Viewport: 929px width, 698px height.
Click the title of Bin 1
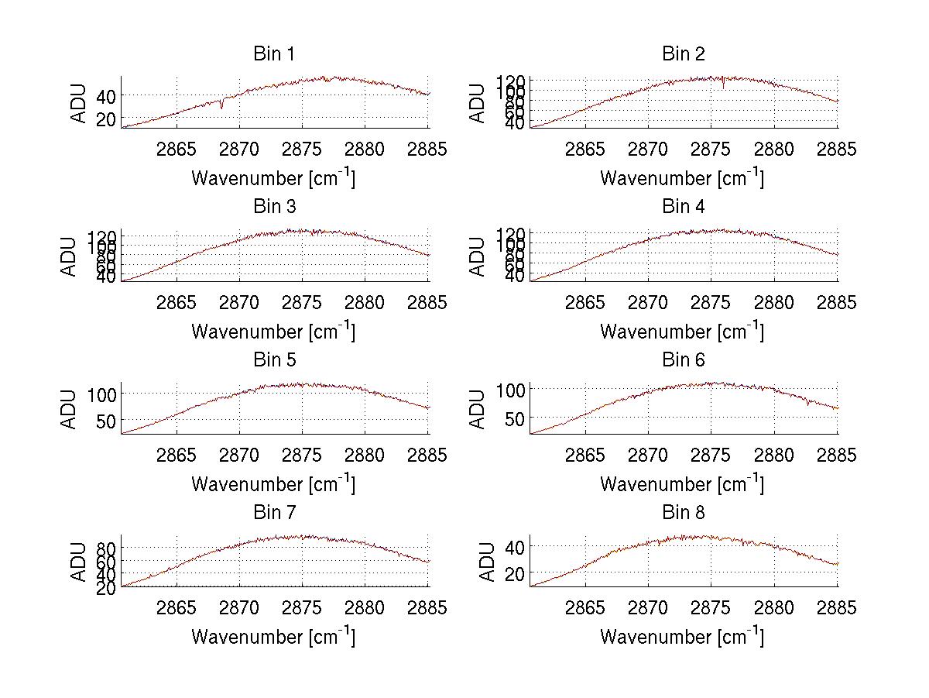(x=274, y=54)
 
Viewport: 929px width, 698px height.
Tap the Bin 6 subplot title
(x=683, y=360)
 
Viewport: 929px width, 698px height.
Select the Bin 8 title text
(x=683, y=513)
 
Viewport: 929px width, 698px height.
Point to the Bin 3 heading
(x=274, y=207)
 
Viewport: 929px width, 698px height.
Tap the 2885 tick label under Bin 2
(x=837, y=150)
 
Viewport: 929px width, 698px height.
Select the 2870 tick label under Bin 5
(x=240, y=456)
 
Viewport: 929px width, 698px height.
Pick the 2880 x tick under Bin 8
(x=774, y=608)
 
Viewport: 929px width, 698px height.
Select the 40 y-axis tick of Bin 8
(x=513, y=546)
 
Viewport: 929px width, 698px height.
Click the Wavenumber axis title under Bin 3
(x=273, y=331)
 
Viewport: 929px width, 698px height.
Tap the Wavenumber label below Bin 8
(x=682, y=637)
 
